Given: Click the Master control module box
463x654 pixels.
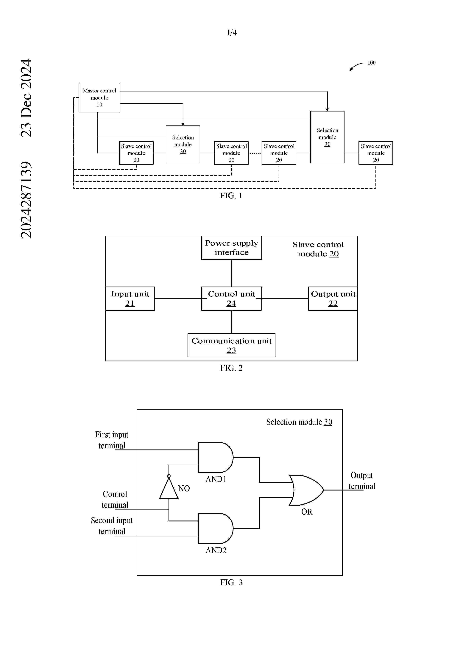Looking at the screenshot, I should [x=99, y=98].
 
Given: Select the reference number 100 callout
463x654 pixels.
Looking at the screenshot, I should [x=371, y=63].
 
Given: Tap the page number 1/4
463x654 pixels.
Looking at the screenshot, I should [x=231, y=33].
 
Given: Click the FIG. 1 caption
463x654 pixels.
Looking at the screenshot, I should [x=231, y=196].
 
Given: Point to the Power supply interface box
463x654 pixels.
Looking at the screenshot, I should [x=231, y=248].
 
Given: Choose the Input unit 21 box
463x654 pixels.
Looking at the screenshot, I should [x=130, y=298].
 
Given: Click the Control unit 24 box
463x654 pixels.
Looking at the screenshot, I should [x=231, y=298].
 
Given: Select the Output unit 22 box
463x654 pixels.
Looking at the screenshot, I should [x=333, y=298].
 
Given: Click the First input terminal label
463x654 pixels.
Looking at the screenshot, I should [x=112, y=440].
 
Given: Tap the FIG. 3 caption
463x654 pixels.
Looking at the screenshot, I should [x=231, y=583].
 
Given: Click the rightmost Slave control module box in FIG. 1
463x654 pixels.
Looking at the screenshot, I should [x=375, y=153].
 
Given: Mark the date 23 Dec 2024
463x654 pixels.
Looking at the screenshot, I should [x=26, y=98].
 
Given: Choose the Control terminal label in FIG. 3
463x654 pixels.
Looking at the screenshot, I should [x=115, y=499].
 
